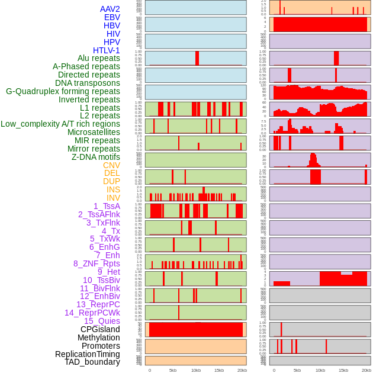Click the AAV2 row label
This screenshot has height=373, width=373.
110,9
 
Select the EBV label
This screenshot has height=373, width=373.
112,18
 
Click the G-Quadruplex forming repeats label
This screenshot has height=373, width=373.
63,91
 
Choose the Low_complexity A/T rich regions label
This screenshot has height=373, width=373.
60,124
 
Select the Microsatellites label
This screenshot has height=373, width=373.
94,132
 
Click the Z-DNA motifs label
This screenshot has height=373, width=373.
96,157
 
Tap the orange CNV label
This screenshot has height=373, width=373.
111,165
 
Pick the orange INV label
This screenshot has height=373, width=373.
113,198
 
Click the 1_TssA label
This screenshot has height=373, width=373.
107,206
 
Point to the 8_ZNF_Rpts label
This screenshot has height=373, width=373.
97,263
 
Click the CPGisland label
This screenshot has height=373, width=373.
100,329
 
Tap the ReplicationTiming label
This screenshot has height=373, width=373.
88,354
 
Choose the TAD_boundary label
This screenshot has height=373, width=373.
92,362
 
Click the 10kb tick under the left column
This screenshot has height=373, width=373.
196,370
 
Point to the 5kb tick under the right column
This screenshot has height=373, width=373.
297,370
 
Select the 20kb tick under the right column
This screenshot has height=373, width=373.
366,370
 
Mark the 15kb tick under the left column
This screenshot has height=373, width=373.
219,370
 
